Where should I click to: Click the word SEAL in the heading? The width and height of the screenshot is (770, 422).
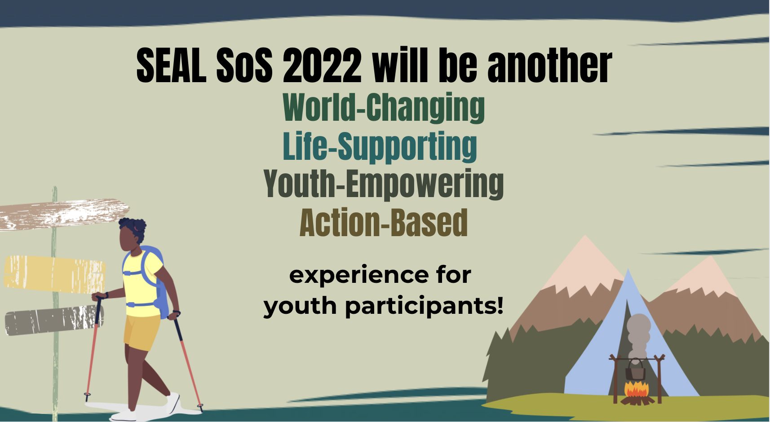pyautogui.click(x=171, y=65)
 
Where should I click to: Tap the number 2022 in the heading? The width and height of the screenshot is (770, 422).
pyautogui.click(x=322, y=65)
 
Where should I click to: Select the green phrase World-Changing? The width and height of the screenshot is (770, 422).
pyautogui.click(x=384, y=107)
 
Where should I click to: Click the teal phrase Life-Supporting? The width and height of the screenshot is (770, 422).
pyautogui.click(x=380, y=146)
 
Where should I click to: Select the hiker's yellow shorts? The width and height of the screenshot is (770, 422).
pyautogui.click(x=141, y=332)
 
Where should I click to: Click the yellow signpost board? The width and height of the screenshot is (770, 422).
pyautogui.click(x=54, y=274)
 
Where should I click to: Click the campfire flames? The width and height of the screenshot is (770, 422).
pyautogui.click(x=636, y=389)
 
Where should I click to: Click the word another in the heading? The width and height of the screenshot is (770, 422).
pyautogui.click(x=550, y=65)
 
